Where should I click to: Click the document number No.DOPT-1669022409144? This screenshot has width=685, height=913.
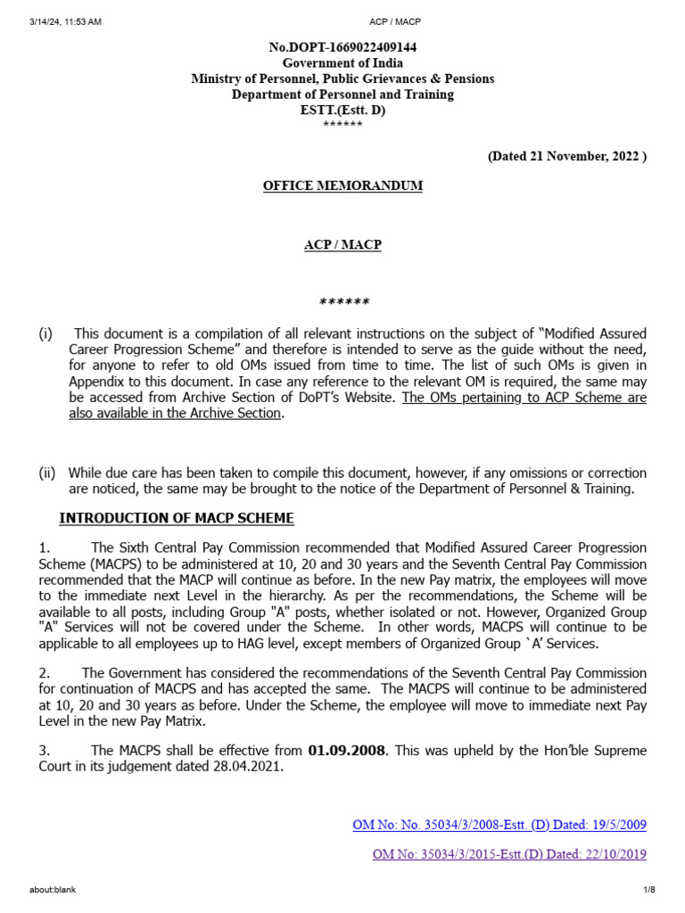(x=342, y=47)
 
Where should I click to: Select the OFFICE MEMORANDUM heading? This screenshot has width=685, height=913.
(x=342, y=185)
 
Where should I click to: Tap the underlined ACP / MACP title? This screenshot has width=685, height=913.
(x=342, y=244)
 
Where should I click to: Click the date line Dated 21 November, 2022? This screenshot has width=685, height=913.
(x=566, y=156)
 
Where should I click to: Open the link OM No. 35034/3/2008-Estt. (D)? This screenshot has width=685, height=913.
(x=499, y=825)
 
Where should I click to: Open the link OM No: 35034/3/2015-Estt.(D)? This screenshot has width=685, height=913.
(x=509, y=854)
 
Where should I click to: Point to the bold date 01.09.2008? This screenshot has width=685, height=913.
(x=348, y=752)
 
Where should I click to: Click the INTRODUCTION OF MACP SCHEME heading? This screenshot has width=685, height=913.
(x=176, y=518)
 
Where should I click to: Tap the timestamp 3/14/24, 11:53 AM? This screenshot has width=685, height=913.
(x=65, y=21)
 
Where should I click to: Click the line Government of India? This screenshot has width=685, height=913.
(x=342, y=63)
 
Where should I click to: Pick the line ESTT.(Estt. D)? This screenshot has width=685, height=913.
(x=342, y=110)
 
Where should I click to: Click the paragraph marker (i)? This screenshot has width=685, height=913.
(x=45, y=333)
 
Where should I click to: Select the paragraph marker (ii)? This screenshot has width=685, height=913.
(x=47, y=473)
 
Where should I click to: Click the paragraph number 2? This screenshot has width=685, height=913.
(x=45, y=673)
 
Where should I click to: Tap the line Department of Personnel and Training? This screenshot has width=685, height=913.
(x=342, y=95)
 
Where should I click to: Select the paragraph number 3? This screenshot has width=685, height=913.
(x=45, y=752)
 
